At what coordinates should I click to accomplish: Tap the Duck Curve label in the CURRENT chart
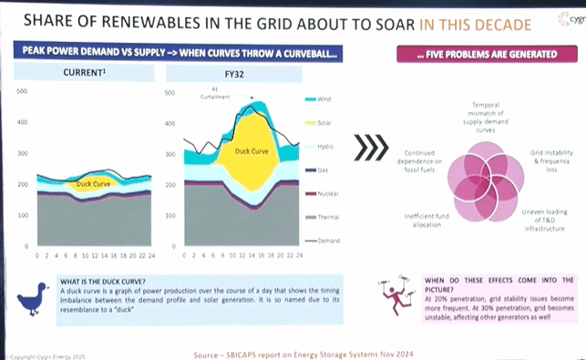coord(95,184)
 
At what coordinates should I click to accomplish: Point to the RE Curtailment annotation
coord(211,91)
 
